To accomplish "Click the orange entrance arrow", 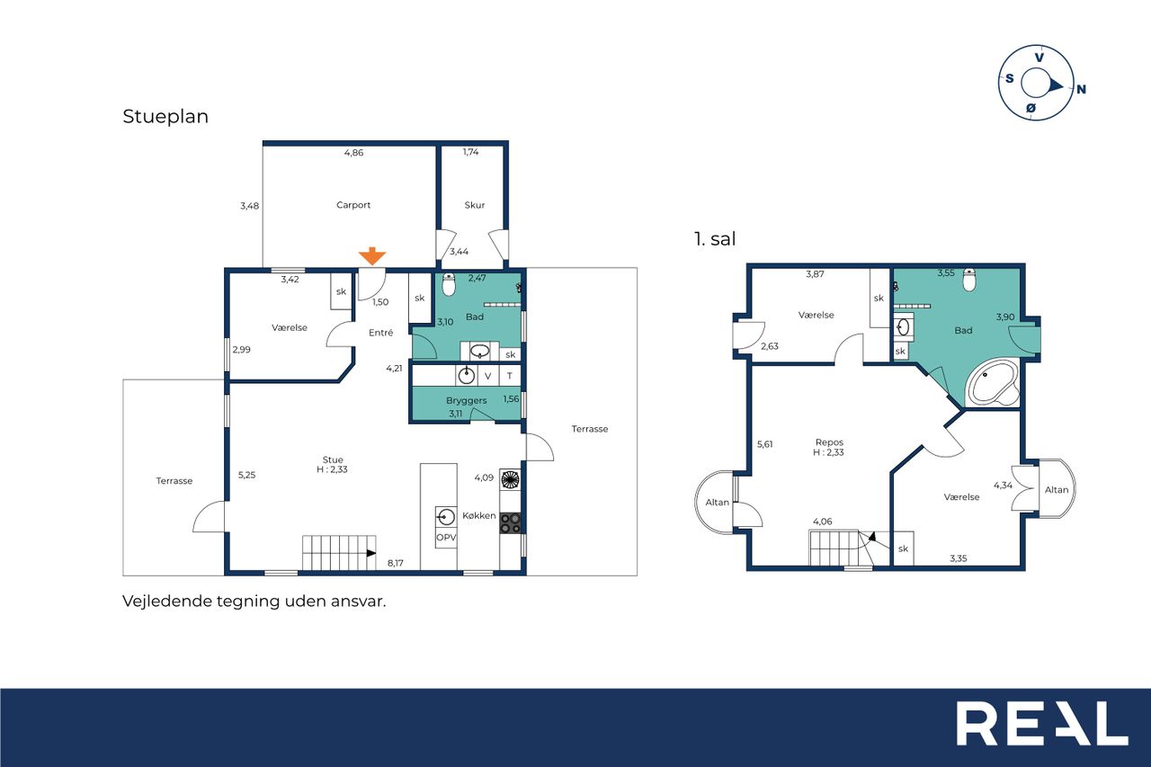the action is click(x=372, y=256).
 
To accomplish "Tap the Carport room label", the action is click(x=353, y=205).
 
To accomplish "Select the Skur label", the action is click(x=474, y=205).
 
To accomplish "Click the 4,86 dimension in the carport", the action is click(x=353, y=153).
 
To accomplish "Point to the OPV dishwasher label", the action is click(x=446, y=538).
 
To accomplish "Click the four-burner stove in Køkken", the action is click(x=510, y=523).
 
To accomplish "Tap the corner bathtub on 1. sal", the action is click(x=992, y=383).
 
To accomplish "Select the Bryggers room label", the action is click(x=466, y=400).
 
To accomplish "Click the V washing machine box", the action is click(x=487, y=376).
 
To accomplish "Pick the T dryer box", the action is click(x=510, y=376).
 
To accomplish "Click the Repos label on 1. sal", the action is click(x=829, y=442).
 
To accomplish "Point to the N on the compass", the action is click(x=1081, y=89).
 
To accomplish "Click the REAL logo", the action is click(x=1042, y=723).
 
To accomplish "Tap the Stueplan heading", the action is click(x=165, y=117).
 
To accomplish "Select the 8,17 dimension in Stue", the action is click(x=395, y=563).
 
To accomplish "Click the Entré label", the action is click(x=380, y=333).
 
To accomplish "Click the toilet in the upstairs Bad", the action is click(x=969, y=280).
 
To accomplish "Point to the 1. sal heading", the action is click(x=715, y=239).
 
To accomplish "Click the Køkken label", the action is click(x=479, y=515).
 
